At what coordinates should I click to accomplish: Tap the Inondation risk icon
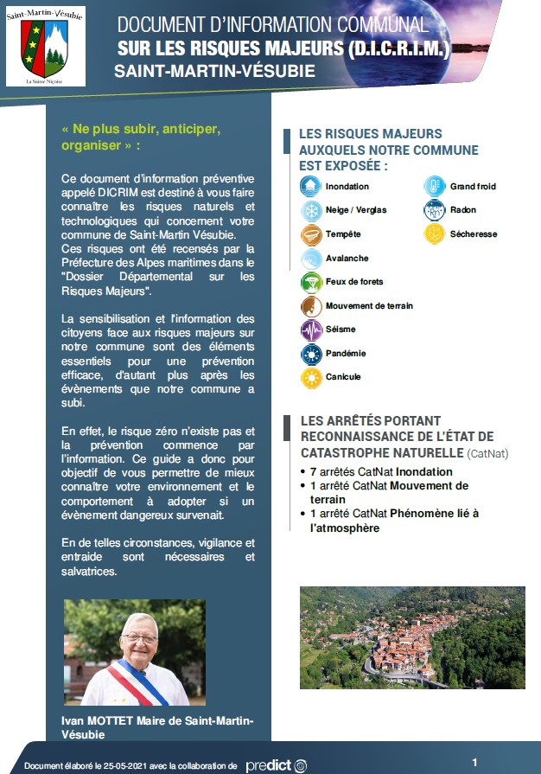(x=310, y=187)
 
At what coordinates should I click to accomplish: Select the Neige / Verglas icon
(x=310, y=210)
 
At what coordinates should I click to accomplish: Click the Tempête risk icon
(x=310, y=234)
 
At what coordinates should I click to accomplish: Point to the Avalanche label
(x=347, y=259)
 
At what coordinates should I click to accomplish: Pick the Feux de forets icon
(x=310, y=282)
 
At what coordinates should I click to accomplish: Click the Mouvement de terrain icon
(x=310, y=306)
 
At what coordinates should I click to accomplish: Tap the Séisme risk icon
(x=310, y=329)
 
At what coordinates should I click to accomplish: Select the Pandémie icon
(x=310, y=354)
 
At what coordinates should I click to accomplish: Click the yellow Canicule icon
(x=310, y=377)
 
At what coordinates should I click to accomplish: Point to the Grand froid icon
(x=434, y=187)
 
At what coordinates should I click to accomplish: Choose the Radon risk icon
(x=434, y=210)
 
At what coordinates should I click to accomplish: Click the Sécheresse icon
(x=434, y=234)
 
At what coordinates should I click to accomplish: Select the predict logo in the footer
(x=276, y=765)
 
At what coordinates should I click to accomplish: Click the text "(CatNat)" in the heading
(x=488, y=452)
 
